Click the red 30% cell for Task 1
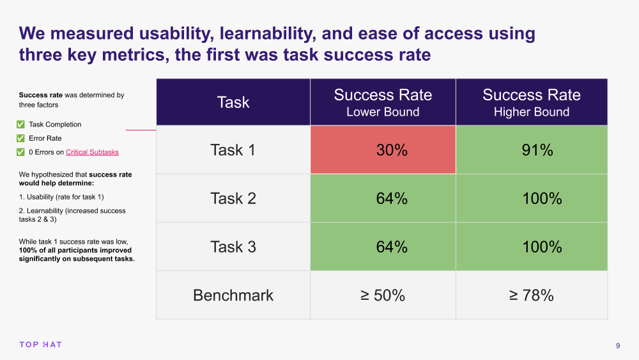(383, 150)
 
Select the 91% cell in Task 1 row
(532, 150)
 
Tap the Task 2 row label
(233, 198)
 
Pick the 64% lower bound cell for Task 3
(383, 247)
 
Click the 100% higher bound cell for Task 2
(532, 198)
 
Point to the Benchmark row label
(233, 295)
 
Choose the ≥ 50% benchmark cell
(383, 295)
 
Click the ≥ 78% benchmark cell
(532, 295)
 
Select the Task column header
(233, 102)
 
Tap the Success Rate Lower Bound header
(383, 102)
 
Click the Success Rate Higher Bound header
(532, 102)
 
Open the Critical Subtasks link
(92, 152)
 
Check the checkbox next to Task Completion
(20, 125)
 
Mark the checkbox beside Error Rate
(20, 138)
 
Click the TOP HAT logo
(40, 345)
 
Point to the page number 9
(618, 346)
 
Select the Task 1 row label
(233, 150)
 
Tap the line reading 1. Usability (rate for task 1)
(61, 197)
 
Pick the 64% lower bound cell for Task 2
(383, 198)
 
